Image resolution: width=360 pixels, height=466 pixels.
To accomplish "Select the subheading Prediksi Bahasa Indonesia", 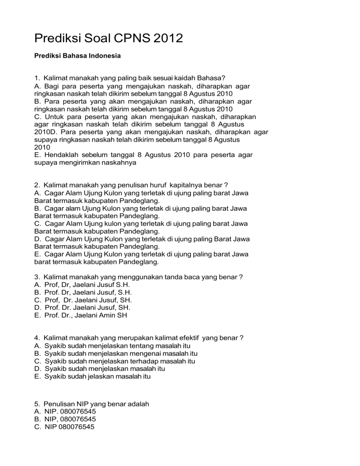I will [78, 56].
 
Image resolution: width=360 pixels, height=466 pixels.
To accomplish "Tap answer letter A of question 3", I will [37, 285].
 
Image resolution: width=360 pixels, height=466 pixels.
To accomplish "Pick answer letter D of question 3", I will [37, 308].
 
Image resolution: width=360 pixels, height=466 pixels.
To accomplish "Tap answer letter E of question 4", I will [37, 376].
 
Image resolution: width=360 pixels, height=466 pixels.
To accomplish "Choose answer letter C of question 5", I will [37, 427].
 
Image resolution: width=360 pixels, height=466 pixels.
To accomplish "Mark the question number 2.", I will [37, 185].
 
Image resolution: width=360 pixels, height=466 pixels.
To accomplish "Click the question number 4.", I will [37, 338].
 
